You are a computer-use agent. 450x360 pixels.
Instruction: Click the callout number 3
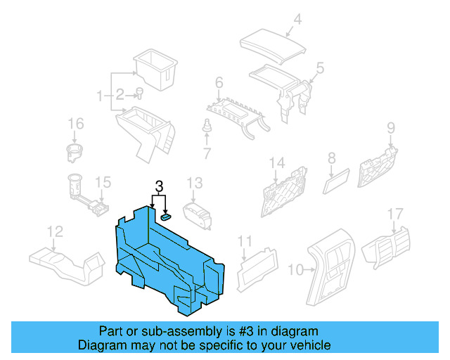click(159, 187)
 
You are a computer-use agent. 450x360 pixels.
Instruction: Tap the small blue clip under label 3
click(166, 217)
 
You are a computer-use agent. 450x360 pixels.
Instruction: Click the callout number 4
click(297, 20)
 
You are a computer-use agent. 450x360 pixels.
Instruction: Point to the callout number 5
click(219, 84)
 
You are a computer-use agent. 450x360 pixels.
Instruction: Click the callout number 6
click(207, 127)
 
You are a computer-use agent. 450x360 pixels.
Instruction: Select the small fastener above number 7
click(331, 160)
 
